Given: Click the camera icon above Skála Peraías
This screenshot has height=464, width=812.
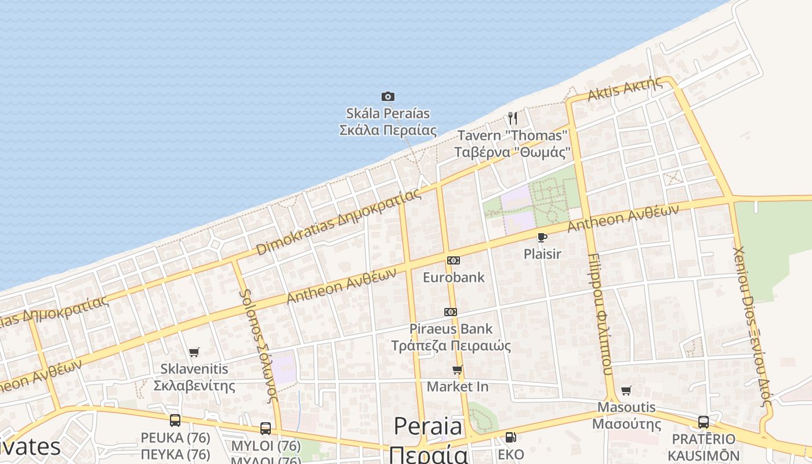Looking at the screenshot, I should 388,96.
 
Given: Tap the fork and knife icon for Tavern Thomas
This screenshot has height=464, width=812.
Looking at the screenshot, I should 512,118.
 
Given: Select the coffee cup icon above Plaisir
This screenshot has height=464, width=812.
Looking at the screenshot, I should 542,237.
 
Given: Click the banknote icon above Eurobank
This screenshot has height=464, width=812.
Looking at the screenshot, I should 454,260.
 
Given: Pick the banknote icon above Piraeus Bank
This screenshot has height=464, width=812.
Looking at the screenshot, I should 451,312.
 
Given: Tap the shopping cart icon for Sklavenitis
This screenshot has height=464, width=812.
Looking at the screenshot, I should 194,352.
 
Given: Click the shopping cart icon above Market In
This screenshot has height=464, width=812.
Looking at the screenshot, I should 458,369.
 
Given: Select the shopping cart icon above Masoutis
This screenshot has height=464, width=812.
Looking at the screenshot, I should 626,390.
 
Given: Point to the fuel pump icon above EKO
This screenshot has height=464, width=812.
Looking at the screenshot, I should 510,437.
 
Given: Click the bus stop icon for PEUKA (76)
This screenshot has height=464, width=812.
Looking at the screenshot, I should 175,420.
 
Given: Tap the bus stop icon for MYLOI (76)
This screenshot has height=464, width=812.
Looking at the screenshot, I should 265,429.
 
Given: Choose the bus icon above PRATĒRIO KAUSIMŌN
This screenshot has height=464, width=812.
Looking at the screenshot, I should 703,422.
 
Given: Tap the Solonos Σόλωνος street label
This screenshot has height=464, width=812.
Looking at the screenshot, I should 260,346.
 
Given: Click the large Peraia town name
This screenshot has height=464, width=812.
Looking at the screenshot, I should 429,427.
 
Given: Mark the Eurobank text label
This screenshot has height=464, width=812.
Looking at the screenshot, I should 454,277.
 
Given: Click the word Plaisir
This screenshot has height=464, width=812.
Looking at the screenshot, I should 542,254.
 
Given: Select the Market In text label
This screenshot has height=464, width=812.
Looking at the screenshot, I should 458,386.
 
